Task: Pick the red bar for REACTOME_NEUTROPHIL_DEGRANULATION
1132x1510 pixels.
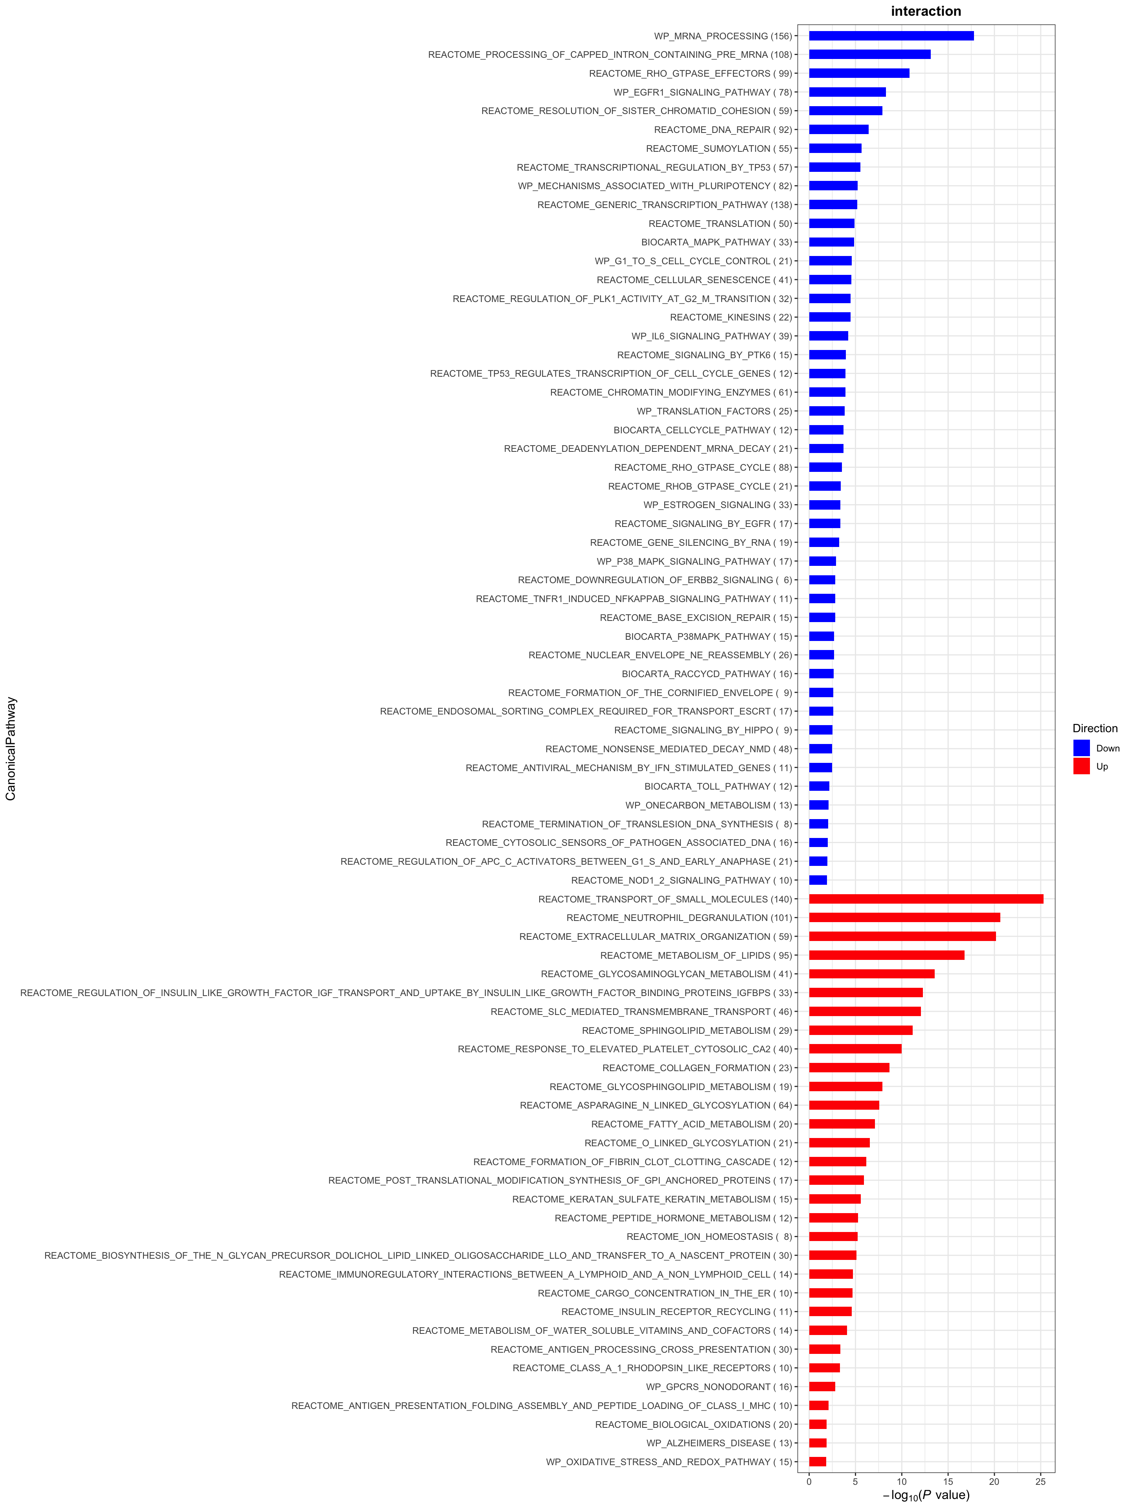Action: pos(904,917)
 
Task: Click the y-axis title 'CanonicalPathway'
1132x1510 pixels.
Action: pos(11,748)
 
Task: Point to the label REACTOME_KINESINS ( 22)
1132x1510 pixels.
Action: pos(731,317)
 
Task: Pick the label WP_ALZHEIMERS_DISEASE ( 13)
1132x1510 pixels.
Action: pos(719,1443)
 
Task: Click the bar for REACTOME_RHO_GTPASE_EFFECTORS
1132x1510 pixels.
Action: pos(859,73)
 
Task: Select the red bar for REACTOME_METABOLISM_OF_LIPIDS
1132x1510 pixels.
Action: pos(886,955)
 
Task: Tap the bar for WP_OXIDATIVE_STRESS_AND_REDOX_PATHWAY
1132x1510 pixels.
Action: pos(818,1462)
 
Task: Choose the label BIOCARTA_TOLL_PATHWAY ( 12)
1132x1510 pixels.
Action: pos(718,786)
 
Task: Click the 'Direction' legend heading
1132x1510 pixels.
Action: pos(1095,728)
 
